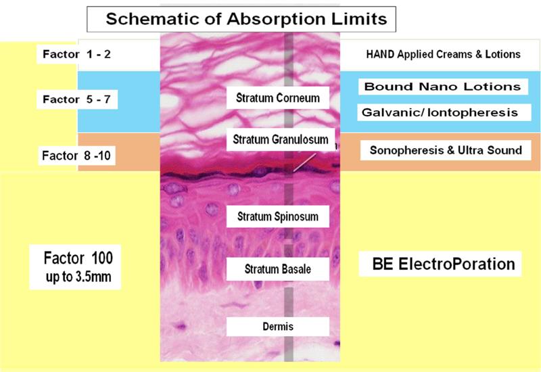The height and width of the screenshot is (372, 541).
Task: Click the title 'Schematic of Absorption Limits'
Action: (246, 19)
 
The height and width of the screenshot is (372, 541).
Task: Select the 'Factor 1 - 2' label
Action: (76, 54)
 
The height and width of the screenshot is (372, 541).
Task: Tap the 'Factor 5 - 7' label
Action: (76, 99)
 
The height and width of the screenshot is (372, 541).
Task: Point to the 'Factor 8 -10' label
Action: (76, 156)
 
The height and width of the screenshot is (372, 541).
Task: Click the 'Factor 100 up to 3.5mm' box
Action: (75, 266)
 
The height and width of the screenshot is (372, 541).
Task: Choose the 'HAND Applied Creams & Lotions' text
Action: (444, 54)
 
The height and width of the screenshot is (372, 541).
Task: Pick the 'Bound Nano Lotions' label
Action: (443, 87)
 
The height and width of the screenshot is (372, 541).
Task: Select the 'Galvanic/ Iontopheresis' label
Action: (444, 112)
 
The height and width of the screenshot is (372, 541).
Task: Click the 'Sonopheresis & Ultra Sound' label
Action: (446, 150)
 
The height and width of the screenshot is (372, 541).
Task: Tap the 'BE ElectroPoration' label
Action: (440, 264)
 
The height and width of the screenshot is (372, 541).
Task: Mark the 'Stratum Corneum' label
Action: (278, 97)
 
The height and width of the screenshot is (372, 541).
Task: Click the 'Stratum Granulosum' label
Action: (281, 139)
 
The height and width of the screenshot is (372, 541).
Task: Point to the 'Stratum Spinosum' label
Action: (278, 216)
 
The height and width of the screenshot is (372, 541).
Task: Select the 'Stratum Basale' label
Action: (278, 269)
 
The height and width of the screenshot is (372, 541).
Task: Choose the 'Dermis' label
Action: (278, 327)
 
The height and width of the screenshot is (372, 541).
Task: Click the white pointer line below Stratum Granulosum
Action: (304, 162)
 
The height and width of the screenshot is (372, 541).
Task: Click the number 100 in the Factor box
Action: (102, 258)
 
